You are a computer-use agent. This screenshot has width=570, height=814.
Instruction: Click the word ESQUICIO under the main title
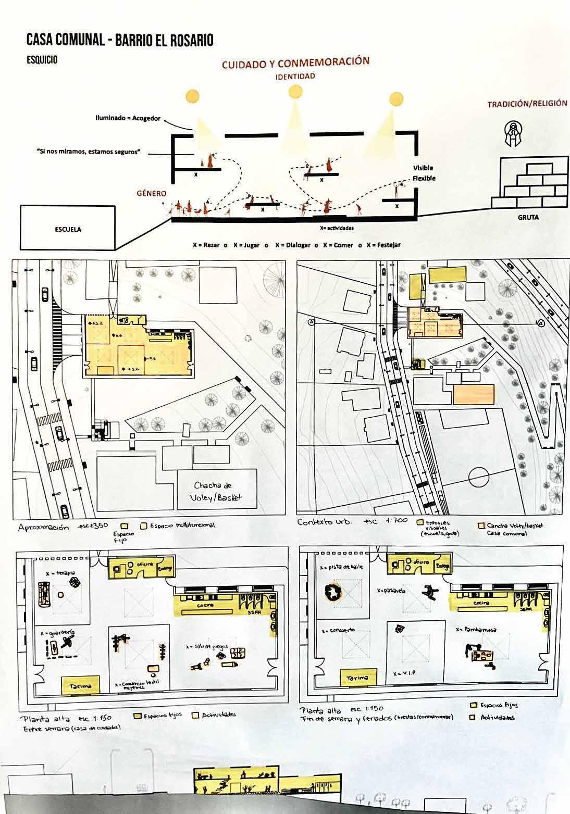click(x=42, y=60)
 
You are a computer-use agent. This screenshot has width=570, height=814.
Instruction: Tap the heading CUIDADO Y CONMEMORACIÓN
click(x=295, y=64)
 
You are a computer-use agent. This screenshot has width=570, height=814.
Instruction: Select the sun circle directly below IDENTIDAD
click(x=295, y=92)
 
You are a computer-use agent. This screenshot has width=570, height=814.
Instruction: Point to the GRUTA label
click(x=527, y=218)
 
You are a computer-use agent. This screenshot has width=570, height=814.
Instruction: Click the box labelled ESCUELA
click(x=68, y=229)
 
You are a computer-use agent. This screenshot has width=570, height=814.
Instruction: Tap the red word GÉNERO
click(x=152, y=193)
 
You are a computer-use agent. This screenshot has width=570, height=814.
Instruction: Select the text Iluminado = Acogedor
click(x=128, y=118)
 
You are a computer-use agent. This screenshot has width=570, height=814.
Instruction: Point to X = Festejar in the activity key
click(x=383, y=245)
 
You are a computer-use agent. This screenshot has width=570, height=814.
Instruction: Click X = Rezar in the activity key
click(x=206, y=245)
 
